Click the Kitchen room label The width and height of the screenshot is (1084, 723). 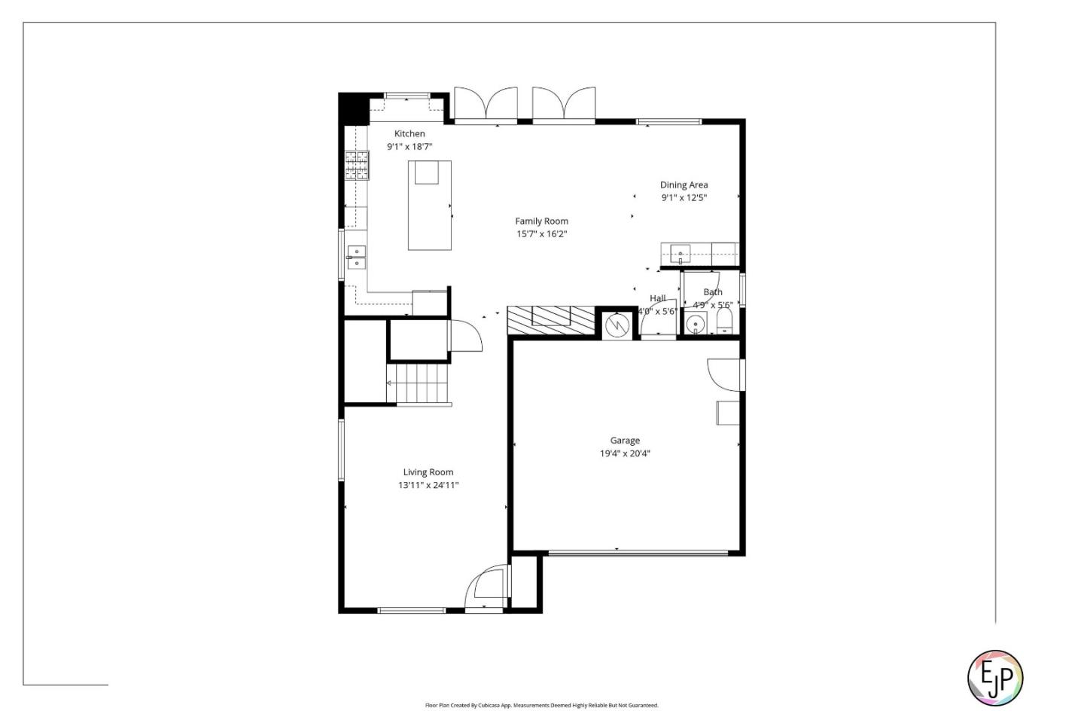coord(410,134)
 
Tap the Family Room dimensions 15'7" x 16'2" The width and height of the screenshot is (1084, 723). coord(541,234)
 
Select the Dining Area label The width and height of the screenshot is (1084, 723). coord(684,185)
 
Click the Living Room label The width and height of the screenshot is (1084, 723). coord(428,473)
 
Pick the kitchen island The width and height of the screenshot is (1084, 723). coord(430,205)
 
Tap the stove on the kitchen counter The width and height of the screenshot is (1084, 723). coord(357,166)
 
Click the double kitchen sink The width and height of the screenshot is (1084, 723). coord(356,258)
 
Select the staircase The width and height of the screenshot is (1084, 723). coord(419,383)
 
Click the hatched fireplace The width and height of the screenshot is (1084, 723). coord(550,320)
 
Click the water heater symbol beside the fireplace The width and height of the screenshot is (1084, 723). coord(617,325)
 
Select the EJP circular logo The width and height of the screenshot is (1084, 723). coord(994,678)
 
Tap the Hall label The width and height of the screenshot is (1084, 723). coord(657,298)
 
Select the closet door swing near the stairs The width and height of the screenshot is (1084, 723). coord(465,336)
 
